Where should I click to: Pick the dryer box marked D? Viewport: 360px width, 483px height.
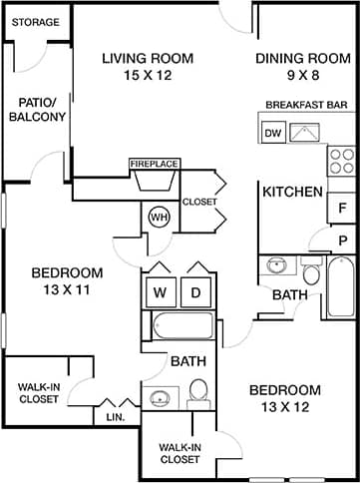coord(196,292)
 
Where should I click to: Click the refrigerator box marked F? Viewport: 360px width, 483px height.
coord(342,208)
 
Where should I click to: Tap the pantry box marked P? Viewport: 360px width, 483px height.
coord(342,240)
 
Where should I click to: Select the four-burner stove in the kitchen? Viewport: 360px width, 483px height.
coord(342,160)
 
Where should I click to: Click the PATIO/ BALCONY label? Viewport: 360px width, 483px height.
coord(37,109)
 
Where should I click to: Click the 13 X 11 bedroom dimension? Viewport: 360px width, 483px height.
coord(67,290)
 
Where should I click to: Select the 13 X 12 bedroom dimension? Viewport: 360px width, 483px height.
coord(284,407)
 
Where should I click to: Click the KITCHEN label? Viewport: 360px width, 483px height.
coord(292,192)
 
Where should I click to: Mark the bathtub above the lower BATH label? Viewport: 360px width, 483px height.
coord(181,326)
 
